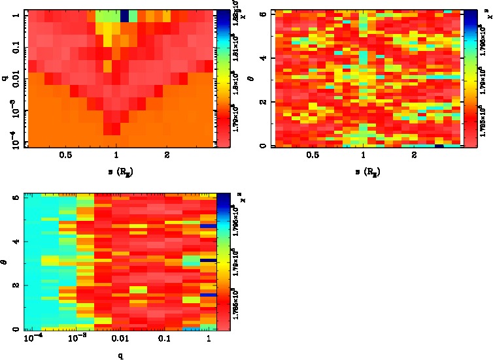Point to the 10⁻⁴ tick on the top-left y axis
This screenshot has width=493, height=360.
[x=14, y=141]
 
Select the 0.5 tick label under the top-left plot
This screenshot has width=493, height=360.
[x=65, y=155]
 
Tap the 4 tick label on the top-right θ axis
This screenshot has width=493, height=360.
[x=262, y=59]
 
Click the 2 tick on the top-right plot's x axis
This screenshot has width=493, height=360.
[x=414, y=155]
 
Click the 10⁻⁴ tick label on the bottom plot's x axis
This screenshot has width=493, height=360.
[x=32, y=339]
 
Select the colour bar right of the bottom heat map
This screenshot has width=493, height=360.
[x=224, y=261]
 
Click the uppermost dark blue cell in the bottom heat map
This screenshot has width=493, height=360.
[x=208, y=226]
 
